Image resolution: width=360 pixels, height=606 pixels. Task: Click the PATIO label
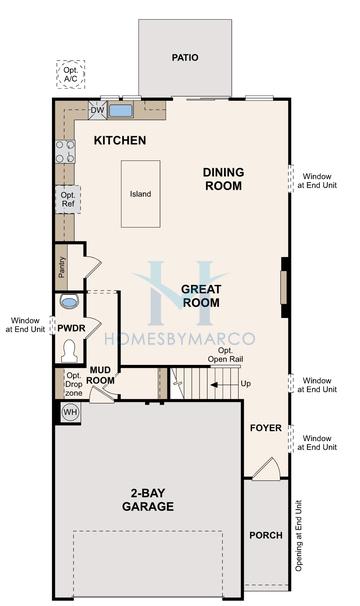(x=185, y=58)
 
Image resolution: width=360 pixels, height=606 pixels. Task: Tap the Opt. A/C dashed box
(x=71, y=74)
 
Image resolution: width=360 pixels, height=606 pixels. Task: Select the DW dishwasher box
(x=97, y=110)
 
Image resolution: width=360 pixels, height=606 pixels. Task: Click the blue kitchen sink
(x=122, y=110)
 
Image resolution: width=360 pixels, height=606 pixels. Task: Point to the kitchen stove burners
(x=65, y=151)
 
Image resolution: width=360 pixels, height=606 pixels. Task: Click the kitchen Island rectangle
(x=141, y=193)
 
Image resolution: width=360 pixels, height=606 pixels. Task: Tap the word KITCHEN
(x=120, y=141)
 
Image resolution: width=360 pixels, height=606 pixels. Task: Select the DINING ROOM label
(x=223, y=178)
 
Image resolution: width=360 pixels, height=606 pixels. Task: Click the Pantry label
(x=62, y=265)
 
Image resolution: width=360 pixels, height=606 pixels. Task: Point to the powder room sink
(x=68, y=301)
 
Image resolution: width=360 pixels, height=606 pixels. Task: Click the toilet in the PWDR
(x=69, y=350)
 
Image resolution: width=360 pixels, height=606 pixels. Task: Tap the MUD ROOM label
(x=100, y=374)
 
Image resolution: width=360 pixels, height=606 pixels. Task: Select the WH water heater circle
(x=70, y=411)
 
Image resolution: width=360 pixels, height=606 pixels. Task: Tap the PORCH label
(x=265, y=535)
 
